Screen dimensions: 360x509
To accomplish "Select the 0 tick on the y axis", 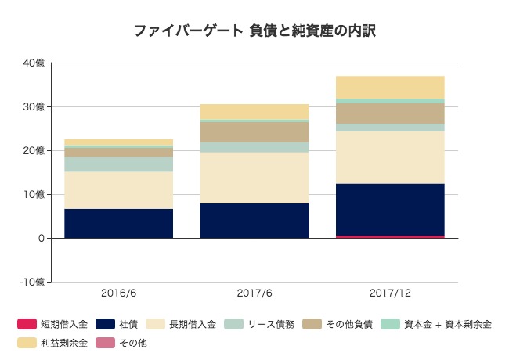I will [x=41, y=238].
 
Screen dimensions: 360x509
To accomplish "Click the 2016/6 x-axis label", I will [x=118, y=293].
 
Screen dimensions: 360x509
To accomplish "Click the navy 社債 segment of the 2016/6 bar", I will [x=118, y=223].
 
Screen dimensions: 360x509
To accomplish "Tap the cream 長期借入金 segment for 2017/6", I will [x=254, y=178].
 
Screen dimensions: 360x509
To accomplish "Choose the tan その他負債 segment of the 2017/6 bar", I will [x=254, y=131].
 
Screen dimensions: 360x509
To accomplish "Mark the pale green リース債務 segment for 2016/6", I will [x=118, y=164].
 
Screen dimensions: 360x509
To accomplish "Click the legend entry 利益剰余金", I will [x=63, y=342].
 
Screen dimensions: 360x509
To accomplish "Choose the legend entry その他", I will [x=133, y=342].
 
